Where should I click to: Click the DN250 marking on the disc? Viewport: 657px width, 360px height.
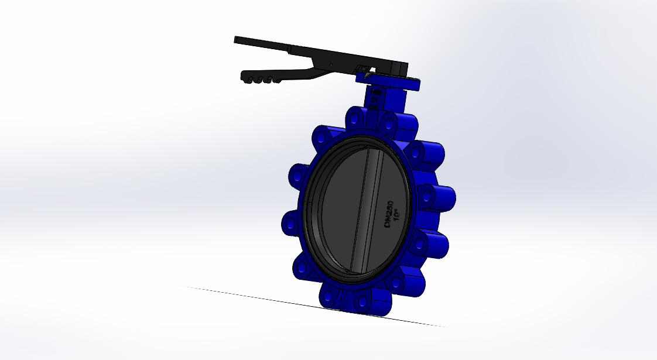point(388,212)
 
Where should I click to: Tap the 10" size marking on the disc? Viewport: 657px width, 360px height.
point(396,215)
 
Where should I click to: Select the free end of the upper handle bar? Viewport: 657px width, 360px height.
point(237,40)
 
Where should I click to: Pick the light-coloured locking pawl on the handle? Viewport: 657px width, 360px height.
point(364,70)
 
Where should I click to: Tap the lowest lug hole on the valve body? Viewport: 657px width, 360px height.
point(362,302)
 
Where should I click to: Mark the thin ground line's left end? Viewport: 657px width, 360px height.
point(183,286)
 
